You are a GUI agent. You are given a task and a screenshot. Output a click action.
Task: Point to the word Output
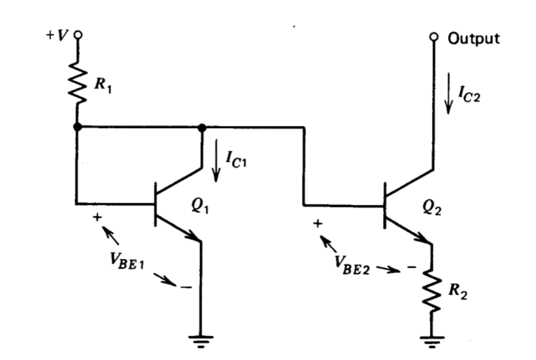tap(473, 39)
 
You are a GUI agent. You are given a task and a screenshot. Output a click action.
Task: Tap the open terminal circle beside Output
tap(434, 37)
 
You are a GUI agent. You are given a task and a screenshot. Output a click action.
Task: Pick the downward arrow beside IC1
tap(216, 161)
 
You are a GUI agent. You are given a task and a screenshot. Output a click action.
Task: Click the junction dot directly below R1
tap(78, 127)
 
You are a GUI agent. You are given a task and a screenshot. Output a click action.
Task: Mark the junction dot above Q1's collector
tap(202, 127)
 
